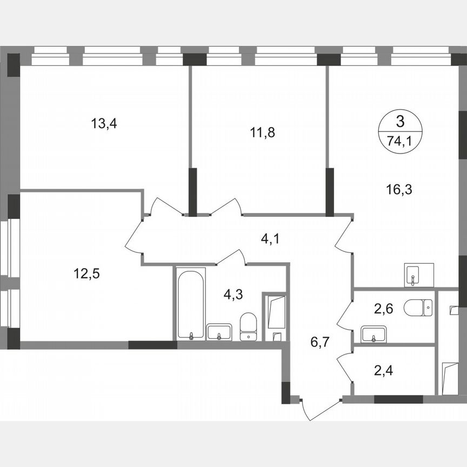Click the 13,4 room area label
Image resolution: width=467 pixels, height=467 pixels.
point(104,123)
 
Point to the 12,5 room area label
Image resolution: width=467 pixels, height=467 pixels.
point(86,273)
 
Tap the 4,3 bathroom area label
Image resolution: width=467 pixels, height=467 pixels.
point(234,295)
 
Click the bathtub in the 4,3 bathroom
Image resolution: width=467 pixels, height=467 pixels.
point(191,303)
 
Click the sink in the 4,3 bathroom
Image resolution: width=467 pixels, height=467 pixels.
point(219,331)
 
